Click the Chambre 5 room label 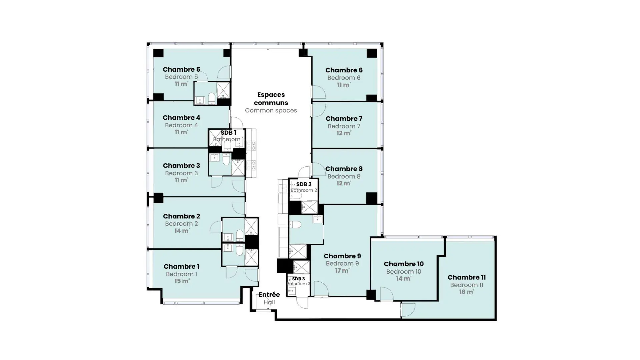tap(181, 69)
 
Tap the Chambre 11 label tap(466, 277)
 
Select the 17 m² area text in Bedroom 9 tap(342, 271)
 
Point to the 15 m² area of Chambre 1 tap(182, 281)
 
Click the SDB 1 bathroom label tap(228, 133)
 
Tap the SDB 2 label tap(304, 184)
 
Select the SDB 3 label tap(298, 279)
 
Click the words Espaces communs tap(271, 99)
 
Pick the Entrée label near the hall tap(269, 295)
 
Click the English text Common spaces tap(271, 111)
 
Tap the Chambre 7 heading tap(344, 119)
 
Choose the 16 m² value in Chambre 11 tap(466, 292)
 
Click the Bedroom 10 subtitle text tap(404, 272)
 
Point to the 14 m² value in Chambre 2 tap(182, 231)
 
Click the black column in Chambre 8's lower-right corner tap(372, 198)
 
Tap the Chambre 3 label tap(181, 166)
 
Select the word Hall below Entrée tap(269, 302)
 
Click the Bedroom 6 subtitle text tap(344, 78)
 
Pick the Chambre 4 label tap(181, 118)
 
